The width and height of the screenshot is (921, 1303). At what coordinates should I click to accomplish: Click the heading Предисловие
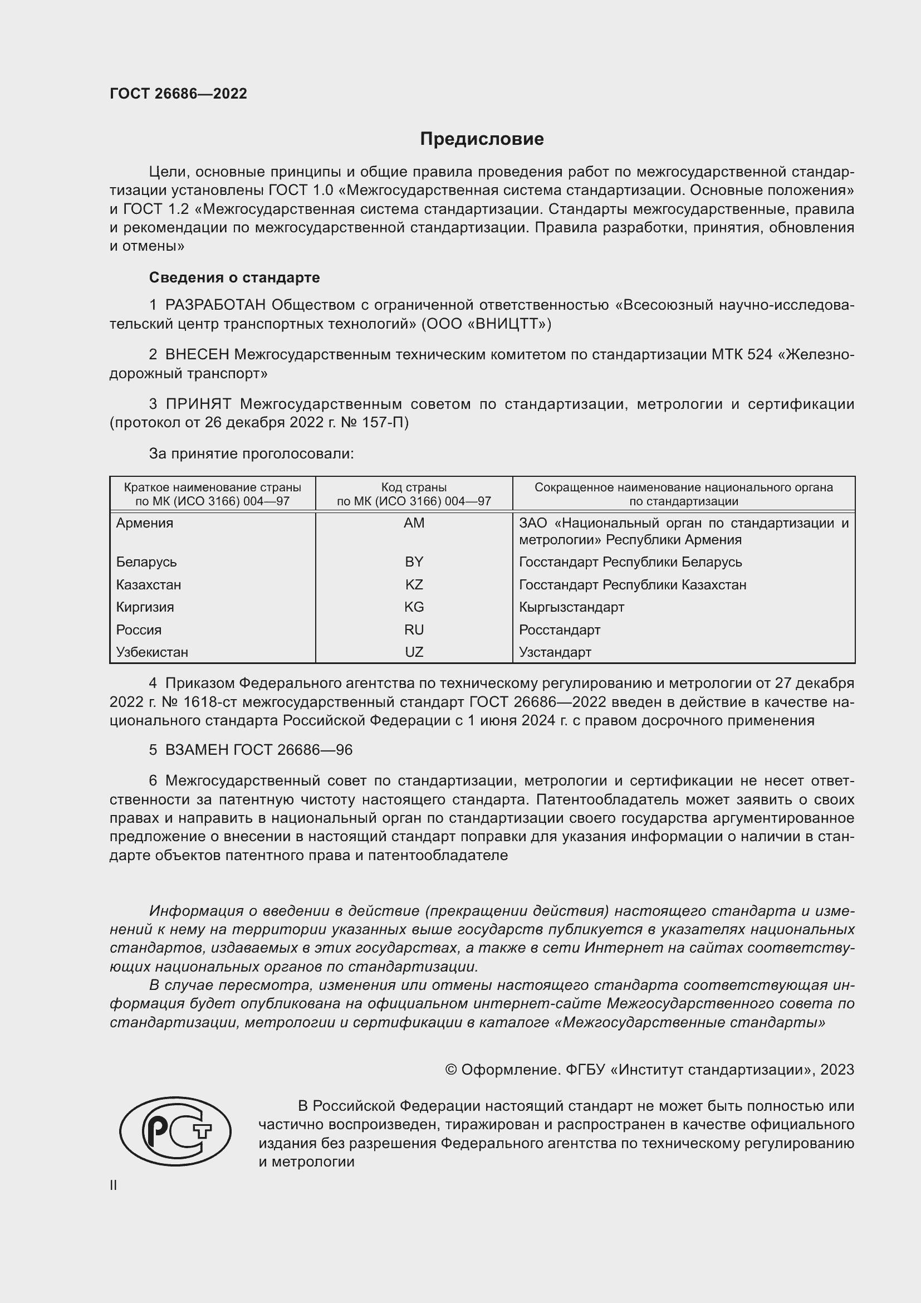click(482, 139)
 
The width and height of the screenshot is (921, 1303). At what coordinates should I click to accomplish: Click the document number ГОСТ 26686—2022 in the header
click(178, 94)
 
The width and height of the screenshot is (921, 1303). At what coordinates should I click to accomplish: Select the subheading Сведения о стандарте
click(234, 277)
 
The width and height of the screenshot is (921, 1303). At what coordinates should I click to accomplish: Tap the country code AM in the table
click(414, 523)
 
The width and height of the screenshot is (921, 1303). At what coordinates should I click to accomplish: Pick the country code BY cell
click(414, 562)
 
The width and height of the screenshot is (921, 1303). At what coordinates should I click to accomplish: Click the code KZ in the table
click(414, 584)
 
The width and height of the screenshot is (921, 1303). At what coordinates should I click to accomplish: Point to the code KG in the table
click(414, 607)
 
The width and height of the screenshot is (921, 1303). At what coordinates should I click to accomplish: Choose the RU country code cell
click(414, 629)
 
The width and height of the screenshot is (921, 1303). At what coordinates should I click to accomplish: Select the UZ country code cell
click(414, 652)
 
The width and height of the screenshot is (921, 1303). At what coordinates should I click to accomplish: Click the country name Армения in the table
click(145, 523)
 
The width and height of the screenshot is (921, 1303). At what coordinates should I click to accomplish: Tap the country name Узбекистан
click(152, 652)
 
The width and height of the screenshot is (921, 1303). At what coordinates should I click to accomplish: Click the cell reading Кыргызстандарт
click(571, 607)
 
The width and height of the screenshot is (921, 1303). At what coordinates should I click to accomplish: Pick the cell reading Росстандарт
click(559, 629)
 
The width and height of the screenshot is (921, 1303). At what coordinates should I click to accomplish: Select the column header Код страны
click(414, 487)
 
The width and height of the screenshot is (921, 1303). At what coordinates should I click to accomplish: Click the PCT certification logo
click(175, 1131)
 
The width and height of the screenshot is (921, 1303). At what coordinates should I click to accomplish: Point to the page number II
click(114, 1185)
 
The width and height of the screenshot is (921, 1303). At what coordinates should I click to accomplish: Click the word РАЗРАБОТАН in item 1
click(215, 305)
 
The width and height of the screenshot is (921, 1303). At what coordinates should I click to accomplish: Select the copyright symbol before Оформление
click(451, 1070)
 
